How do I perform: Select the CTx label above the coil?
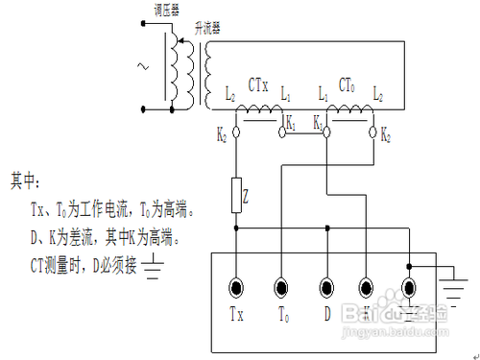[x=259, y=85]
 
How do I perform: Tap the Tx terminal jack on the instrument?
[x=237, y=285]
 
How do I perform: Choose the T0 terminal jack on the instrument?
[x=281, y=285]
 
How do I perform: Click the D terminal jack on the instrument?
[x=326, y=285]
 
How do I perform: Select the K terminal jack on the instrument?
[x=367, y=285]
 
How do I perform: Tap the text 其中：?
[x=26, y=180]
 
